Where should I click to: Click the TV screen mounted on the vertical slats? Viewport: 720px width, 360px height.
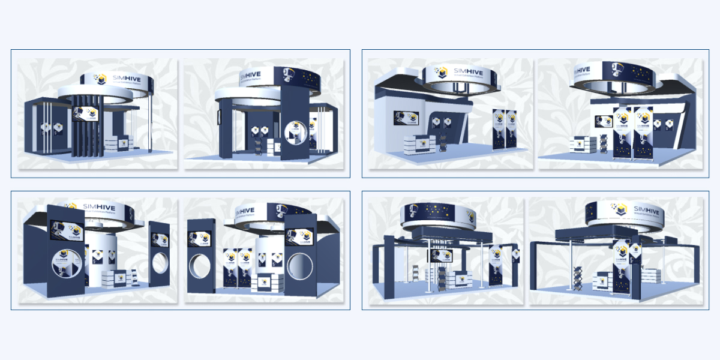[85, 113]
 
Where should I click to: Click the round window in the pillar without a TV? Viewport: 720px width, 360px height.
[160, 262]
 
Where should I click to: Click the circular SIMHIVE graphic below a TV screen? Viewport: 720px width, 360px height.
[62, 264]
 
